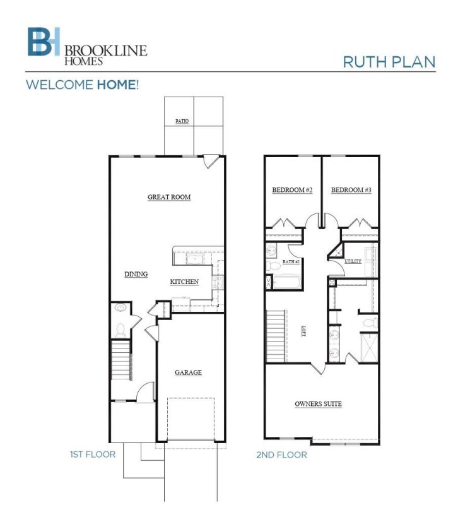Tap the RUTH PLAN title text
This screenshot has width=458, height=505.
389,61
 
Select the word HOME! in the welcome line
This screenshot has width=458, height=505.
117,85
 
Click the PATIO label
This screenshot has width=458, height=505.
182,121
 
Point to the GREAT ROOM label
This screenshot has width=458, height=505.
169,197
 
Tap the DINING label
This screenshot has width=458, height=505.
136,274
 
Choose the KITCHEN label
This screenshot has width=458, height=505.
185,282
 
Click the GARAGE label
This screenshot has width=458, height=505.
188,372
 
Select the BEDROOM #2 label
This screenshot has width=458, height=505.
292,189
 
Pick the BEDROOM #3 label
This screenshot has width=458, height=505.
351,189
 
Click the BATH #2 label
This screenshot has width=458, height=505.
290,261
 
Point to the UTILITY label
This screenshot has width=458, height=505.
353,261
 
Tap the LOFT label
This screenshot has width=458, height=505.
303,330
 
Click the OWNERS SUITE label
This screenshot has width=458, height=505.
319,403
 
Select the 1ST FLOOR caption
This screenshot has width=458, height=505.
93,454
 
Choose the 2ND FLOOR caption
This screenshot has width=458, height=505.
282,454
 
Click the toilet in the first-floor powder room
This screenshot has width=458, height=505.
120,329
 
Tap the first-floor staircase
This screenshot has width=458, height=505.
120,361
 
